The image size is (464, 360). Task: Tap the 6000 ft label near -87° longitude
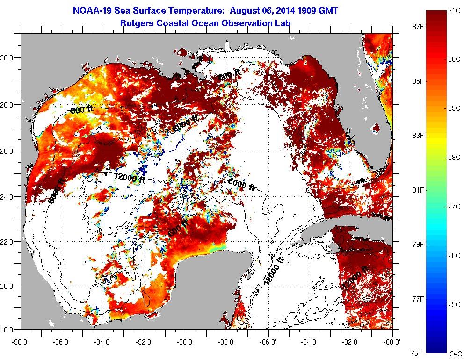(241, 184)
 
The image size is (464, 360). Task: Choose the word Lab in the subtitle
(283, 22)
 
